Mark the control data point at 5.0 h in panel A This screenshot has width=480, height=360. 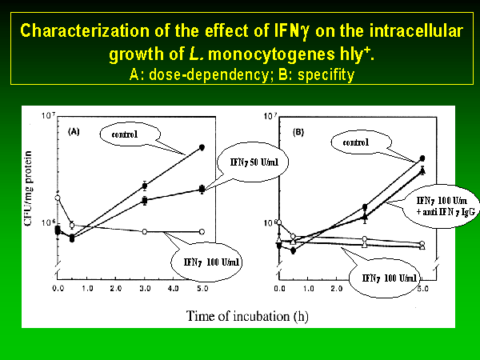tap(202, 148)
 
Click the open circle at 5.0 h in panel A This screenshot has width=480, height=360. tap(202, 231)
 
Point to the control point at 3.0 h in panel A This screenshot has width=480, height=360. tap(145, 186)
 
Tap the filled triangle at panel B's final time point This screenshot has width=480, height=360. tap(422, 170)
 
